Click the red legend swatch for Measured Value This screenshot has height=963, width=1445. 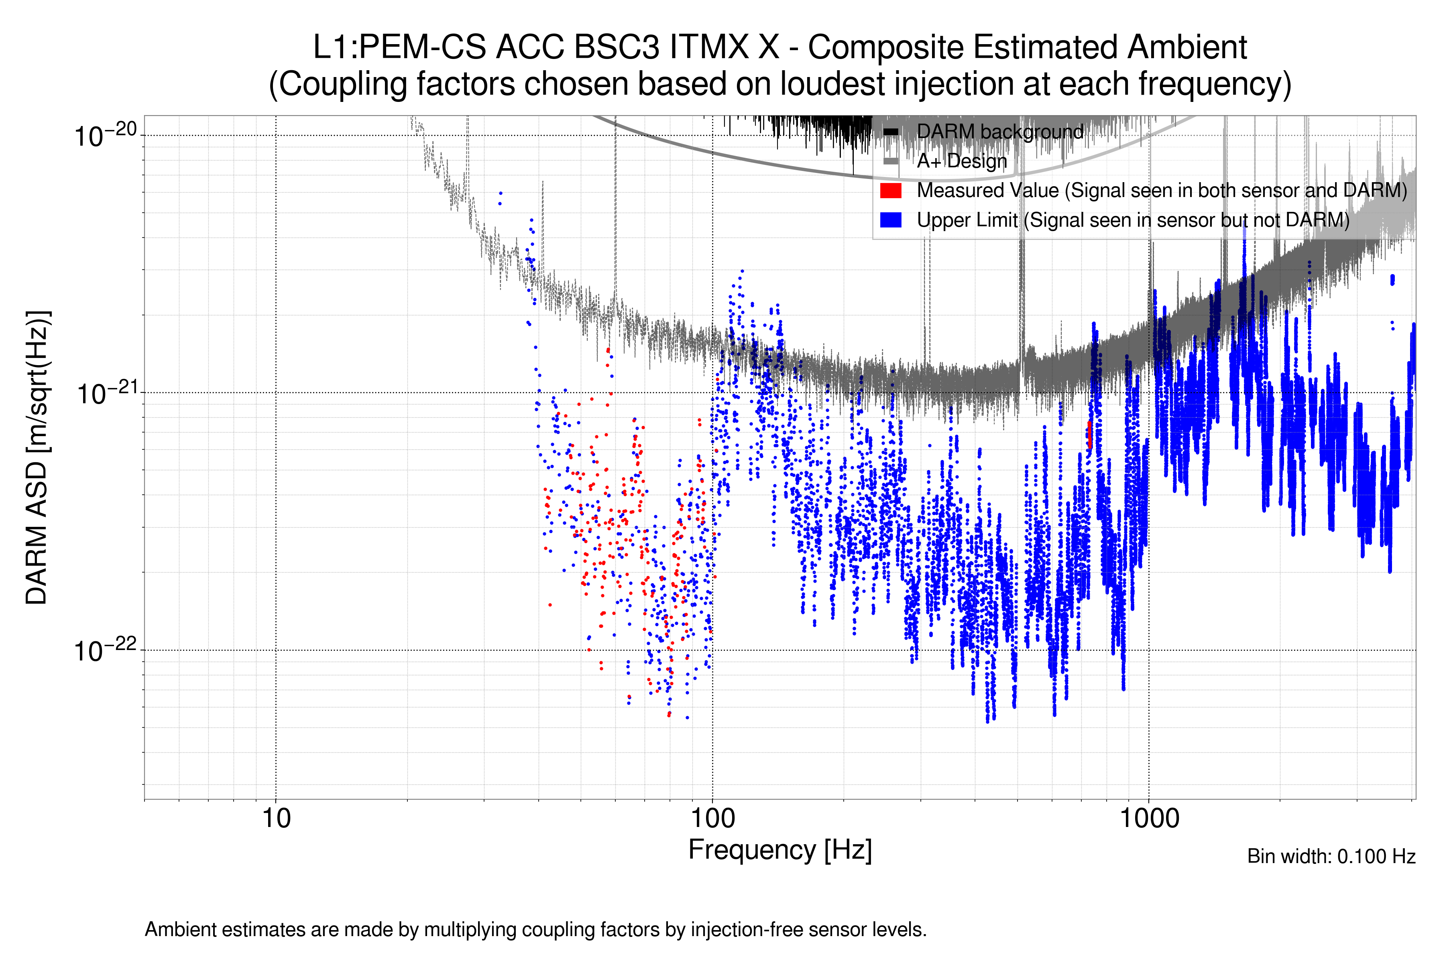tap(890, 190)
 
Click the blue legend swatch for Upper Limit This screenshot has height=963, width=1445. tap(890, 220)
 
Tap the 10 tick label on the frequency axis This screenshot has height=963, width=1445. tap(276, 819)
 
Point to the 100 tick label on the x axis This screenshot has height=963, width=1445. tap(713, 819)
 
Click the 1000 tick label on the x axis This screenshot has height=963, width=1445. tap(1149, 819)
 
